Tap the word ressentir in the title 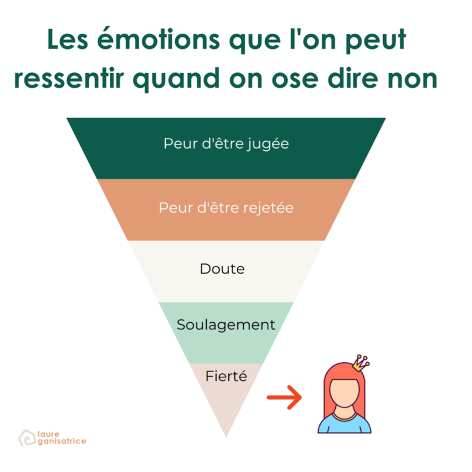[69, 78]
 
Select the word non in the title [412, 79]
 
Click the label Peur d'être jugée [226, 144]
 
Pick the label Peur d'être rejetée [226, 208]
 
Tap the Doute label [222, 269]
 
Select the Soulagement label [226, 325]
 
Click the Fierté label [226, 376]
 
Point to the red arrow [284, 397]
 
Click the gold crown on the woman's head [361, 363]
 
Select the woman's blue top [344, 424]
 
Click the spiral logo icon [27, 438]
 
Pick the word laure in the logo [48, 434]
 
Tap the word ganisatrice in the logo [62, 441]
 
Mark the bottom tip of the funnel [226, 437]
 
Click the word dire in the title [353, 78]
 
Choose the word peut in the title [376, 40]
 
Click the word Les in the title [68, 39]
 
